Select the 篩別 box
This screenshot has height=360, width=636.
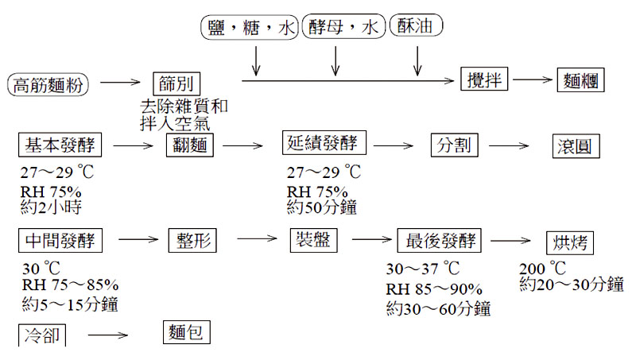[x=176, y=83]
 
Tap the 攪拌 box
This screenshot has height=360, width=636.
[x=484, y=79]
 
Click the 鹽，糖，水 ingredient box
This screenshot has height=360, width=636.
[x=248, y=29]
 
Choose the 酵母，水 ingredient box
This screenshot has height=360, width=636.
[x=343, y=29]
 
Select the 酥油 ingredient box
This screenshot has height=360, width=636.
[x=416, y=29]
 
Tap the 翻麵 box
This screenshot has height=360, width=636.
[x=190, y=147]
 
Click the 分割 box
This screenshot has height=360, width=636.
[x=456, y=145]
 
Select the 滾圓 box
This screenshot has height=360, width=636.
[x=576, y=147]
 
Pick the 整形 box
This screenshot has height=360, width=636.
[x=192, y=240]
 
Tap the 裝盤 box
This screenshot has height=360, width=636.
[x=309, y=239]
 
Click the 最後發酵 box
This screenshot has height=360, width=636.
[x=440, y=240]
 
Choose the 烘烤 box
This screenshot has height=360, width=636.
[x=570, y=242]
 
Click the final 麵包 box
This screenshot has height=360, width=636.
[x=187, y=331]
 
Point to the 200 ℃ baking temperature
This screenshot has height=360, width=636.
[x=542, y=268]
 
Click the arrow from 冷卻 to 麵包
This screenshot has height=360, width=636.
[x=108, y=335]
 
